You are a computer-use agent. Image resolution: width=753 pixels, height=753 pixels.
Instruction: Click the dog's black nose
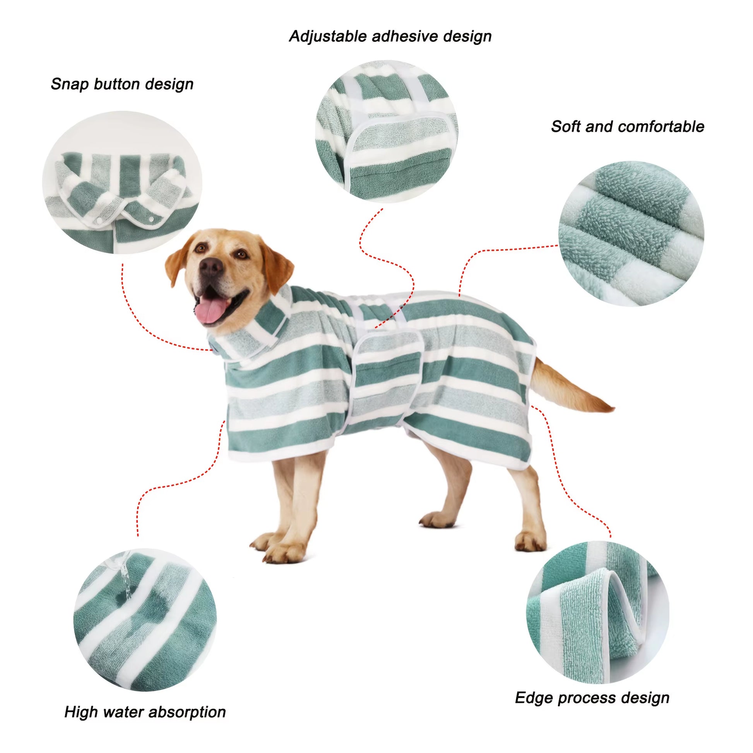pos(211,267)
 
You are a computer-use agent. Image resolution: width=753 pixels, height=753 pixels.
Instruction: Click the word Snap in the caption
pos(69,84)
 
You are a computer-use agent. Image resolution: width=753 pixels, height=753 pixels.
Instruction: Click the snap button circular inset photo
pos(122,182)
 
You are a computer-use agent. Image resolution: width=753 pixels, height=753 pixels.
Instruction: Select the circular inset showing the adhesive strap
pos(386,131)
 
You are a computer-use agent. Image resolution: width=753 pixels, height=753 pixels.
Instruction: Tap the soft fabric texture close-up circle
pos(631,233)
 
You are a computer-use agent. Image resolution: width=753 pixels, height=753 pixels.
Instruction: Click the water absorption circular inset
pos(145,620)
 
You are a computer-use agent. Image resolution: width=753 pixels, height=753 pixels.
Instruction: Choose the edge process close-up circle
pos(597,612)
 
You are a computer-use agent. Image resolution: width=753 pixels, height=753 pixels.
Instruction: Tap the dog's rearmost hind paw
pos(530,542)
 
